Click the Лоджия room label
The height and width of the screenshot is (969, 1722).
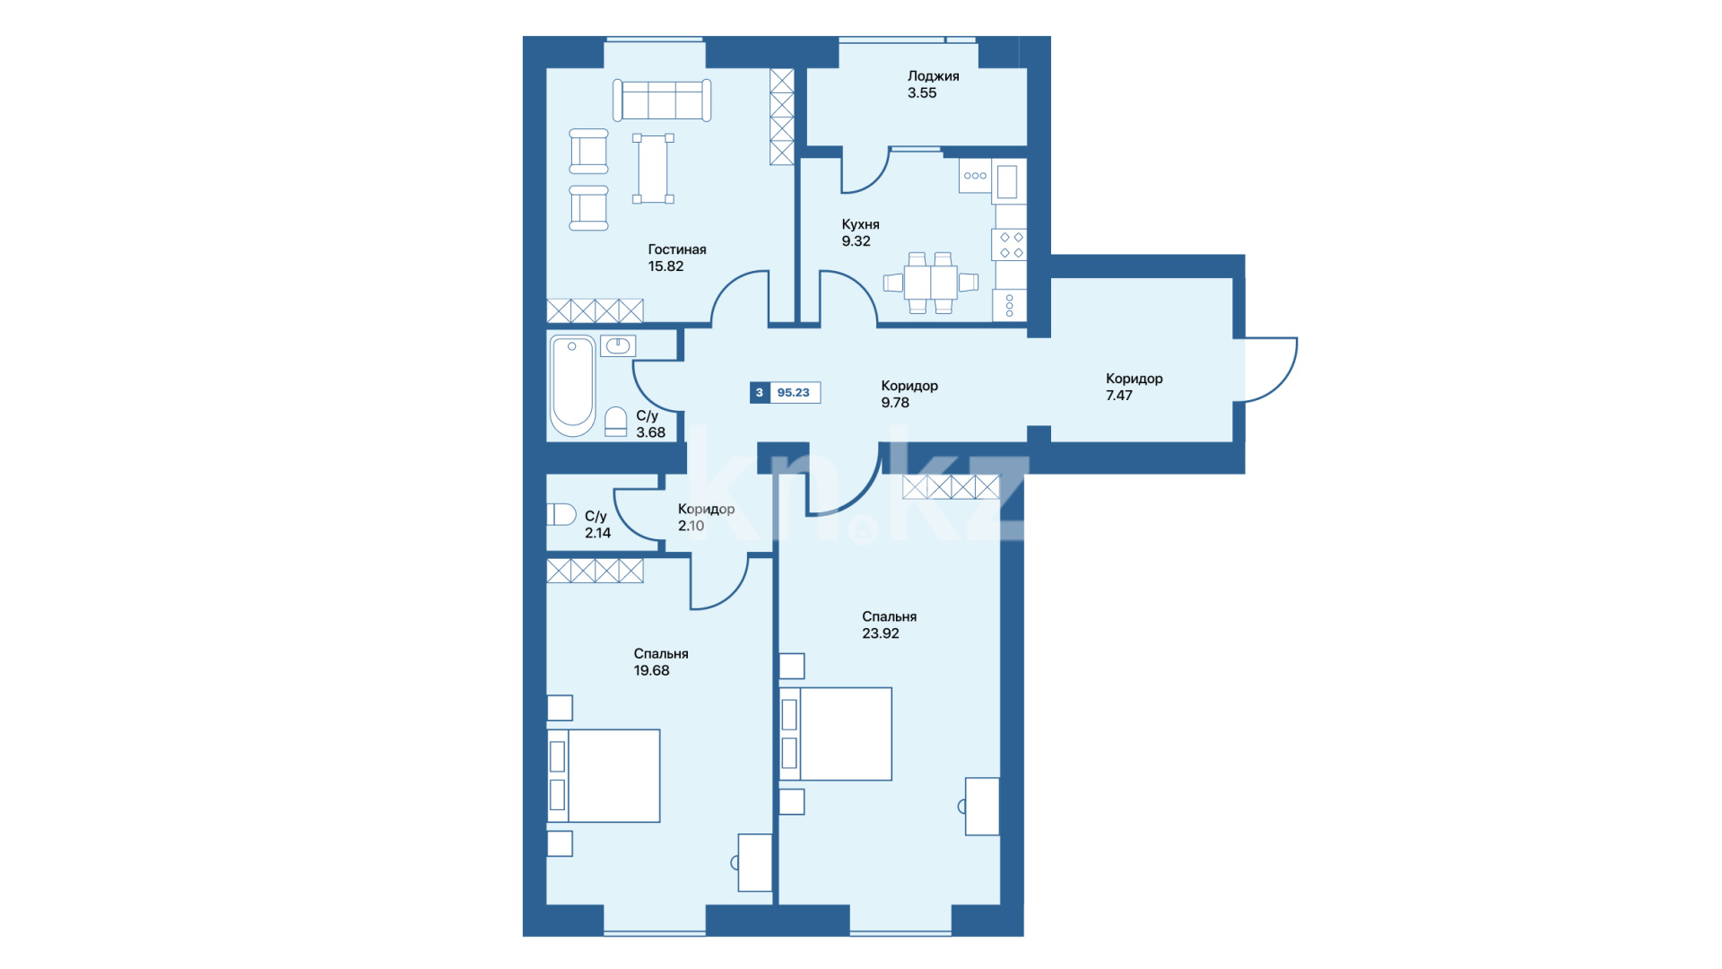(x=933, y=76)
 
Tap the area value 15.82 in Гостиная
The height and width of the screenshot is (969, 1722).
(x=665, y=266)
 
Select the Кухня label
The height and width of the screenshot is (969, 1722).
(x=860, y=224)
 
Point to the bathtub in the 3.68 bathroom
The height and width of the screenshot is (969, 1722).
(x=572, y=386)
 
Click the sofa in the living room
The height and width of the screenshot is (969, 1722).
(x=662, y=100)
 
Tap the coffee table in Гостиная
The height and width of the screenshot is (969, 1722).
(x=653, y=169)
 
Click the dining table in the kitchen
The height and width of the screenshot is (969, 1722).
(x=930, y=283)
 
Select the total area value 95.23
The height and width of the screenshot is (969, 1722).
(x=793, y=393)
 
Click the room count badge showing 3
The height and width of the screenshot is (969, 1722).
(x=760, y=393)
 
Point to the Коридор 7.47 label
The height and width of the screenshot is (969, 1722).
(x=1134, y=387)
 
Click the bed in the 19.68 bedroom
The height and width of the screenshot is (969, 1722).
(x=604, y=776)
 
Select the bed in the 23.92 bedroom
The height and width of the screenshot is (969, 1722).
(x=836, y=734)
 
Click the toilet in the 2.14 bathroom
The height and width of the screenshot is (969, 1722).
(x=561, y=514)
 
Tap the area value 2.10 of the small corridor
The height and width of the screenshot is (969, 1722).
(x=691, y=526)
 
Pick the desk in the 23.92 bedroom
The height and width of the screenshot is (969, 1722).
(x=982, y=807)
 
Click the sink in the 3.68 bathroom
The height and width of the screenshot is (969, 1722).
(x=618, y=345)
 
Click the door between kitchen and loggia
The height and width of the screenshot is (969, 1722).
(x=865, y=171)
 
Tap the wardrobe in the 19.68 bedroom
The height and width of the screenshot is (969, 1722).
(x=595, y=571)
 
